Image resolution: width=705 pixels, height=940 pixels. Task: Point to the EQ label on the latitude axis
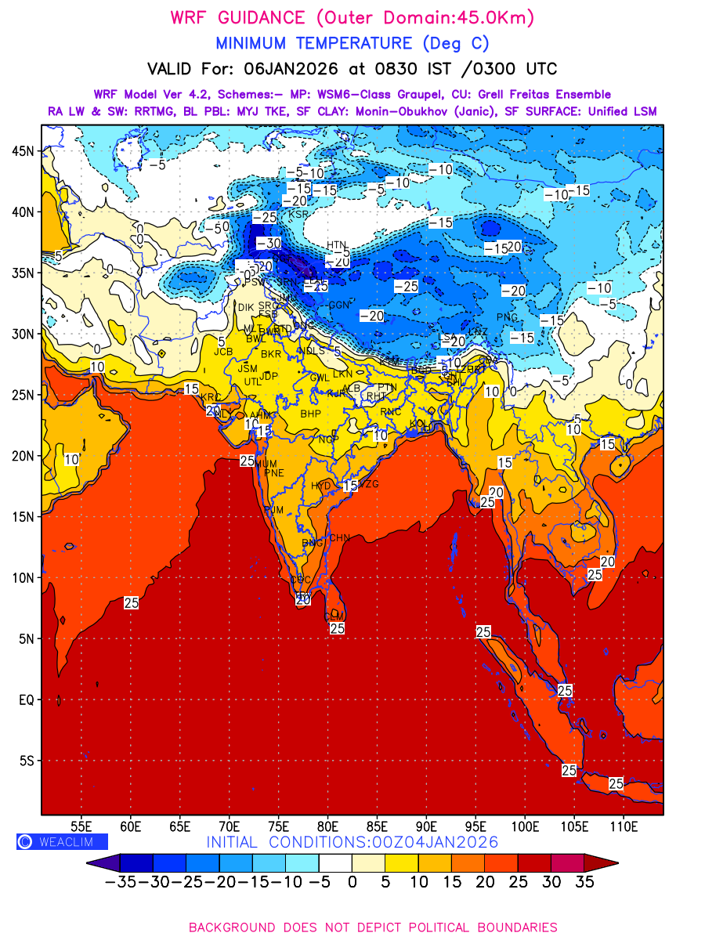25,700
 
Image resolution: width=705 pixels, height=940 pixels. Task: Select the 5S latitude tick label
25,761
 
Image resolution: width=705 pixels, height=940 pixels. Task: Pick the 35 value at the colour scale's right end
584,883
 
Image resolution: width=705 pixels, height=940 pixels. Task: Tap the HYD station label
321,486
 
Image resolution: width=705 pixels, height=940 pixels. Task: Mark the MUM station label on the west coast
266,464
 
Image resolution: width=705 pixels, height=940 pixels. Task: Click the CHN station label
338,538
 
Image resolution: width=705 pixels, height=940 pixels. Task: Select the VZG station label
368,484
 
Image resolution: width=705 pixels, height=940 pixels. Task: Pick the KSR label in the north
298,213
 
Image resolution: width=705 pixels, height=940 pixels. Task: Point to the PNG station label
508,317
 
